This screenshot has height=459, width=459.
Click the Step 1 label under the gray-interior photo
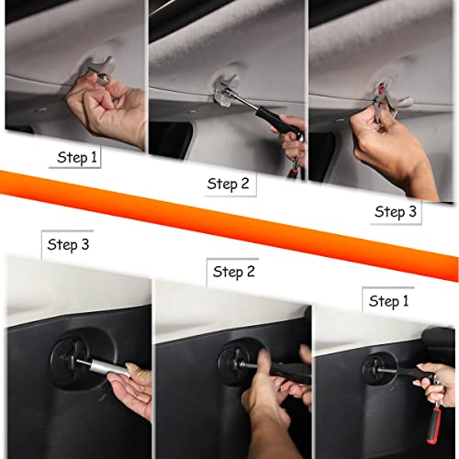(77, 158)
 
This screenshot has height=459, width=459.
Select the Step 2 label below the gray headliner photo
(228, 184)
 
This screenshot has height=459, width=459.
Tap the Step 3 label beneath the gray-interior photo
(396, 212)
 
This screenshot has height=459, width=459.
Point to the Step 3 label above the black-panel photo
(68, 245)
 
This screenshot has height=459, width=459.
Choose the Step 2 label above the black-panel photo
(234, 272)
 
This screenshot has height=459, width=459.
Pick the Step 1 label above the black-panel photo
(388, 301)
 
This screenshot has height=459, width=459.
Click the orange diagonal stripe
(229, 226)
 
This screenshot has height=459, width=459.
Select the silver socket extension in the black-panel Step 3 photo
(107, 367)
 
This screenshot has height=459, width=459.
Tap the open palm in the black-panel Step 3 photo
(130, 388)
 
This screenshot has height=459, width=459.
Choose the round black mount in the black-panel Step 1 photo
(379, 368)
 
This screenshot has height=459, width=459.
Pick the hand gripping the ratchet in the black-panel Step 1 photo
(436, 384)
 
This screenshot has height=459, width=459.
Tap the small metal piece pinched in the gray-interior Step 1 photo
(102, 79)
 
